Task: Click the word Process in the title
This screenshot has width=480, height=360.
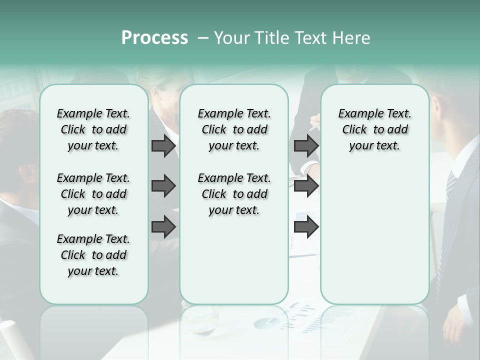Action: [x=154, y=38]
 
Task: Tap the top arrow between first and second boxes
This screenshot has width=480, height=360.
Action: [x=163, y=145]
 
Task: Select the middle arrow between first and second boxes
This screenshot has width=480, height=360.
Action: [x=163, y=186]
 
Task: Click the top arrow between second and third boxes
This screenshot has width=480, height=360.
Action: [x=306, y=145]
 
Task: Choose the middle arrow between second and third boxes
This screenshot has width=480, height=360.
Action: [x=306, y=186]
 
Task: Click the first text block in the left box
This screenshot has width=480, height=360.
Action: [x=93, y=129]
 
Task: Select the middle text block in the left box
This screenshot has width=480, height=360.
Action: [x=93, y=194]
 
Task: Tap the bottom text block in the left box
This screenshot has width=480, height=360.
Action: [x=93, y=255]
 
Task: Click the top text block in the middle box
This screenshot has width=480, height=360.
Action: [x=234, y=129]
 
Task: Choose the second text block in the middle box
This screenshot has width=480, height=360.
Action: [x=234, y=194]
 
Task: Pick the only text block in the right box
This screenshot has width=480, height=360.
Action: [x=374, y=129]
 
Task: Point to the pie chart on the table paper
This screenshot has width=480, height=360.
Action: [x=268, y=322]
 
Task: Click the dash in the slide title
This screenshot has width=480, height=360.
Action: [x=203, y=38]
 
